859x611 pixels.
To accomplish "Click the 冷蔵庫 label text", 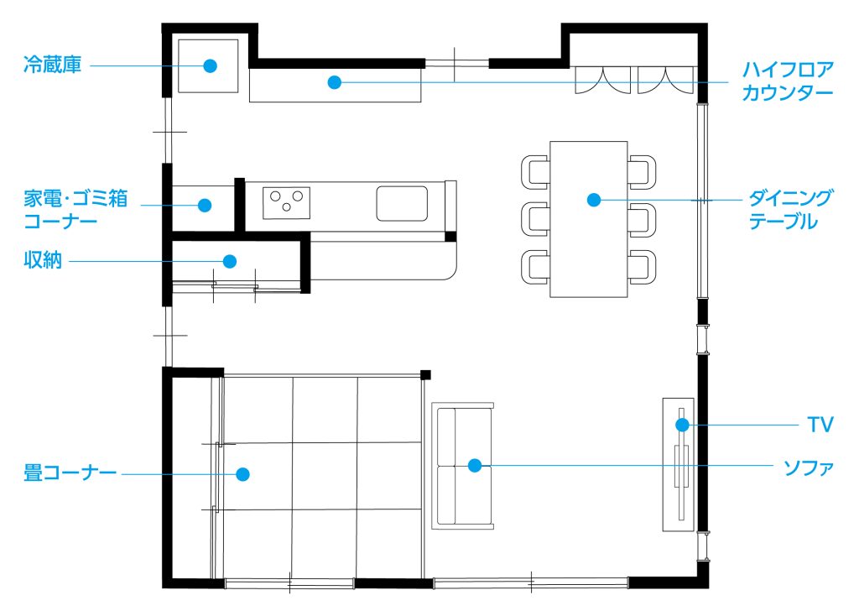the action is (x=53, y=65).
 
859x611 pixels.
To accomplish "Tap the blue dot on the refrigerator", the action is (x=210, y=65).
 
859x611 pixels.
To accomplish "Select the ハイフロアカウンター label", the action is (x=788, y=81).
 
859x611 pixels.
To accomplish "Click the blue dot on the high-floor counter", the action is (x=335, y=82).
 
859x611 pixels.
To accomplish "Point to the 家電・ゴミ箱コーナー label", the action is (x=75, y=209).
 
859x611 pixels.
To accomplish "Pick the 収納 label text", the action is (x=43, y=260).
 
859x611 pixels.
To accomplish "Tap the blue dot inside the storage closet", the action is (x=230, y=261).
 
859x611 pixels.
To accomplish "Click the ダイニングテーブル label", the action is (x=790, y=209).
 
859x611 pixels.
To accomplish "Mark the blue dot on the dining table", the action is (x=594, y=200).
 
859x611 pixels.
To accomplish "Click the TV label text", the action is (x=820, y=424).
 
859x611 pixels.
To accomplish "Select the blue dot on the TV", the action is (x=682, y=425).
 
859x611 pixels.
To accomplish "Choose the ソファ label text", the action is (x=809, y=467).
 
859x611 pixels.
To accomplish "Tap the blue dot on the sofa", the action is (x=475, y=465).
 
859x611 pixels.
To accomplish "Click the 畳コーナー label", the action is (x=70, y=473).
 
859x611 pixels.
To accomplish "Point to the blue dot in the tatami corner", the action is (x=242, y=474).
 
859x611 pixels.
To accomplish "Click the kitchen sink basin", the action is (x=402, y=203).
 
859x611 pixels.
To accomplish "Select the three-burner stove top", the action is (x=286, y=203).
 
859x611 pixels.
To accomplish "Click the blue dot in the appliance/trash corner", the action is (x=205, y=206).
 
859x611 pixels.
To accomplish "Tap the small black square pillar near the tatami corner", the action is (x=425, y=375).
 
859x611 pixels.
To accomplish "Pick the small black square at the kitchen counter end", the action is (x=450, y=237).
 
